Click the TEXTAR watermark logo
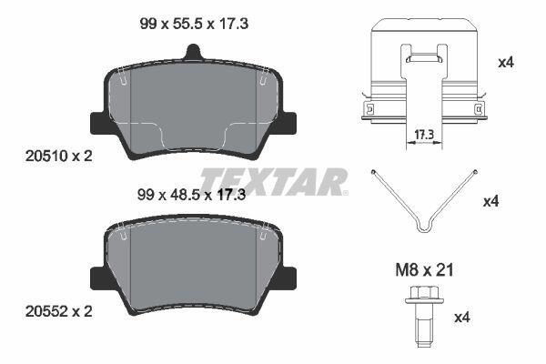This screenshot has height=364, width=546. click(274, 181)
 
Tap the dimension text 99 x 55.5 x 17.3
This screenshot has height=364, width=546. click(194, 24)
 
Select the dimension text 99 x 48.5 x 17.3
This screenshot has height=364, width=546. click(191, 195)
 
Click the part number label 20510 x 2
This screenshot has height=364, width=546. click(59, 156)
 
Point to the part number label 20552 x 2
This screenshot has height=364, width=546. click(59, 311)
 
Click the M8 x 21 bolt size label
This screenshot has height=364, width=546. click(424, 270)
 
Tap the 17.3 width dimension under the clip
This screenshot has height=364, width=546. click(424, 135)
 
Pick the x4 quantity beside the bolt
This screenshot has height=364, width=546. click(463, 318)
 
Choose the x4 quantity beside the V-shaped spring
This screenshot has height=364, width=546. click(491, 202)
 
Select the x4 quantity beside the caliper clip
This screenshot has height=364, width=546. click(506, 63)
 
